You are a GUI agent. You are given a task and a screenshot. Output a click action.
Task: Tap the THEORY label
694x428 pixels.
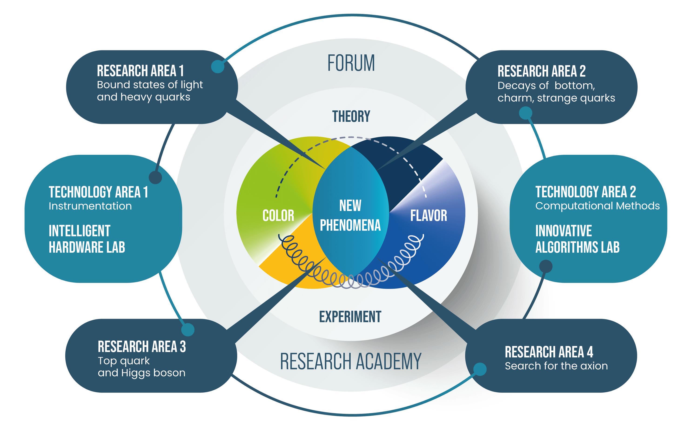coord(351,116)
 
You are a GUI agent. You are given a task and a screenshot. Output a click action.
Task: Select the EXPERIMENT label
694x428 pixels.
coord(350,316)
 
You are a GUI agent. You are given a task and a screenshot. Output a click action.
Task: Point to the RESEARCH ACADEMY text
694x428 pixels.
coord(351,362)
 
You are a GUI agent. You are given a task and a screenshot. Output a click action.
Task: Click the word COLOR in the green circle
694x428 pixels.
coord(278,216)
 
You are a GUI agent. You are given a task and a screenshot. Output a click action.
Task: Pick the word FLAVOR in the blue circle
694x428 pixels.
coord(429,216)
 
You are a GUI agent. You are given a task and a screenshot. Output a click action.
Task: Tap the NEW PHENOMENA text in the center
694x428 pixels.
coord(350,216)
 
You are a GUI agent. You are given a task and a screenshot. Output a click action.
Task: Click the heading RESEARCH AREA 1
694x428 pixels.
coord(140,71)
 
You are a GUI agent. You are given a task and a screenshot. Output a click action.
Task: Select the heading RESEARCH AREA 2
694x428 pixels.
coord(541,71)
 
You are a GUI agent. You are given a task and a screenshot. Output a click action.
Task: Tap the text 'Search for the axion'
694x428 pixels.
coord(556,366)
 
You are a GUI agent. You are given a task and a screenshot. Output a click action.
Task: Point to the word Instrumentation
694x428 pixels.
coord(90,206)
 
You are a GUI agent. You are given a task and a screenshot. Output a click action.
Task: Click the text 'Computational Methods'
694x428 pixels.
coord(597,206)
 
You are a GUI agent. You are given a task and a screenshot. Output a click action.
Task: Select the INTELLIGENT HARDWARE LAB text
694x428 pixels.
coord(87,239)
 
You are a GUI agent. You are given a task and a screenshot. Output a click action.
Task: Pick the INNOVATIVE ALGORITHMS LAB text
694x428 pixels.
coord(577,239)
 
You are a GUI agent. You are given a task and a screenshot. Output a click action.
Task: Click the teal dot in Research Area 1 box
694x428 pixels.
coord(218,66)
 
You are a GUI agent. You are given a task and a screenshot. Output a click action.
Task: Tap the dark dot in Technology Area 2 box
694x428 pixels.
coord(546,266)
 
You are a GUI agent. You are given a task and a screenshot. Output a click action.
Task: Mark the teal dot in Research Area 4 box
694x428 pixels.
coord(480,369)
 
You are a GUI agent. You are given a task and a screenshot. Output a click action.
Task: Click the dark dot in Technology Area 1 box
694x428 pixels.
coord(155,177)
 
